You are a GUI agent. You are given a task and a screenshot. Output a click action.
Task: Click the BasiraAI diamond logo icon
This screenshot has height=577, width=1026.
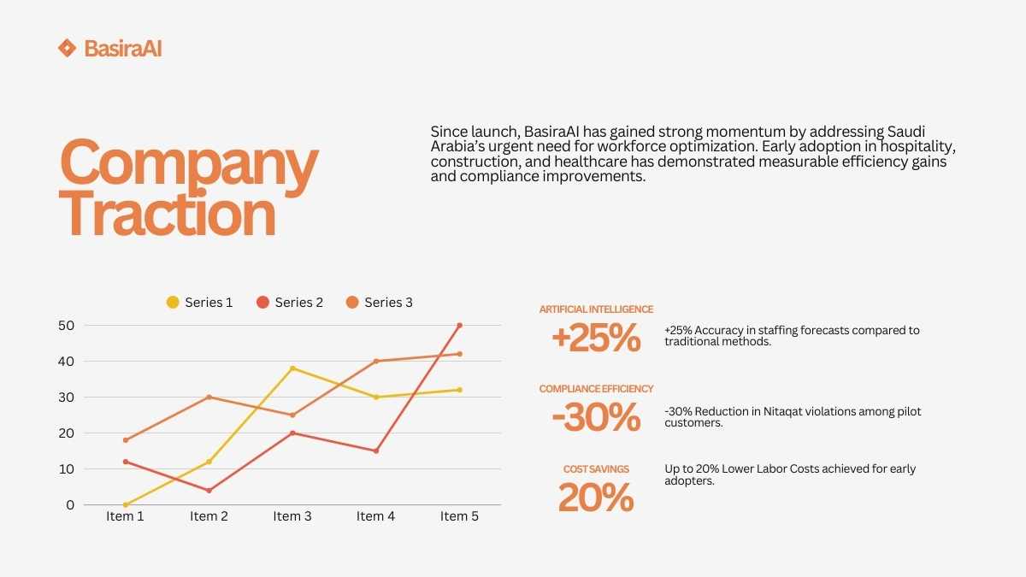click(67, 48)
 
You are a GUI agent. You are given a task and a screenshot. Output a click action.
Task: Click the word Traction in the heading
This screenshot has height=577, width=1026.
click(168, 214)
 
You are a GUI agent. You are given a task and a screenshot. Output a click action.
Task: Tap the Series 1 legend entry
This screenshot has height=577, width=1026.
click(198, 303)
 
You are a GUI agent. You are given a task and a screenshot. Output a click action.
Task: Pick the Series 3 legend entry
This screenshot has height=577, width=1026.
click(379, 303)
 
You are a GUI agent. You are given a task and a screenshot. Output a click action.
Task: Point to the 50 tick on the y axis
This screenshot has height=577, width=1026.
click(66, 326)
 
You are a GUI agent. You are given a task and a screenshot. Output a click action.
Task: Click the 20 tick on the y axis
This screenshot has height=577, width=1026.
click(66, 433)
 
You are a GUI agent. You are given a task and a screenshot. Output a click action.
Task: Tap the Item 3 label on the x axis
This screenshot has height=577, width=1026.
click(292, 516)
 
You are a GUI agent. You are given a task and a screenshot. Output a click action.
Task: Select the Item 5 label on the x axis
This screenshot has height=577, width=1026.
click(459, 516)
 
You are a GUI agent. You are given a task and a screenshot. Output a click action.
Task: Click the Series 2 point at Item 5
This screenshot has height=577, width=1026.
click(459, 326)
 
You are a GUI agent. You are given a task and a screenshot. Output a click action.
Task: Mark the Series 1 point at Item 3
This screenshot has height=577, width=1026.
click(292, 368)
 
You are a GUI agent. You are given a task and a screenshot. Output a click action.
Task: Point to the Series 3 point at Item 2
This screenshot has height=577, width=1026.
click(209, 397)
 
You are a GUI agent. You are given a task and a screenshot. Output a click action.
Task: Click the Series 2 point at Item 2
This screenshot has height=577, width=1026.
click(209, 491)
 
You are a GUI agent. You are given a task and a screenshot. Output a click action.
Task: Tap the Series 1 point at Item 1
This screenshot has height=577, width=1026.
click(126, 505)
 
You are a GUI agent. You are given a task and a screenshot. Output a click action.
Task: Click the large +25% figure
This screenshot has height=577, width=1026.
click(596, 339)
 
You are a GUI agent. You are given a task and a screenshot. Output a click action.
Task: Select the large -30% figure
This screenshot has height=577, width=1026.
click(596, 418)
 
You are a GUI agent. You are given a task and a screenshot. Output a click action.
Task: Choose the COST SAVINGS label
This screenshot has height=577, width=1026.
click(596, 469)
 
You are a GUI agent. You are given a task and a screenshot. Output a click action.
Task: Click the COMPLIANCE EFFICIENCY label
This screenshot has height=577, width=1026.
click(596, 389)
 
